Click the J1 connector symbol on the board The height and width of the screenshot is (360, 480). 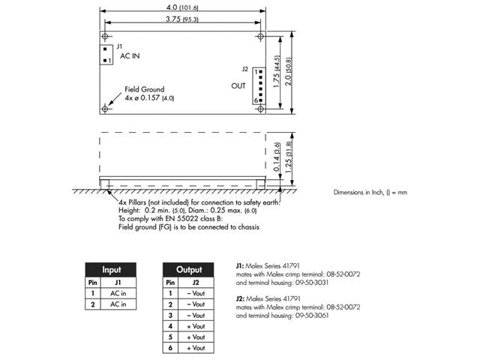click(x=106, y=55)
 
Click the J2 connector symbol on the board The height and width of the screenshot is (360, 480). click(x=256, y=85)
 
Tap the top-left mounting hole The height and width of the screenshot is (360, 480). click(x=106, y=36)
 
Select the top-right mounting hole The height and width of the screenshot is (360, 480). click(x=260, y=36)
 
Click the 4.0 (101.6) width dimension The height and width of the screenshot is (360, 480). click(x=183, y=7)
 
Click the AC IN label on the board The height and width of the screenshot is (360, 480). click(x=129, y=56)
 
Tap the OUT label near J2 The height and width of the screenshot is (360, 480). click(x=238, y=86)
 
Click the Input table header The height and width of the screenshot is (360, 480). click(x=110, y=269)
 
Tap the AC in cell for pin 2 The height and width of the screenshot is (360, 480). click(x=118, y=304)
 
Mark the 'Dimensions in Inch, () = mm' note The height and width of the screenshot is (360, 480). click(x=370, y=193)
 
